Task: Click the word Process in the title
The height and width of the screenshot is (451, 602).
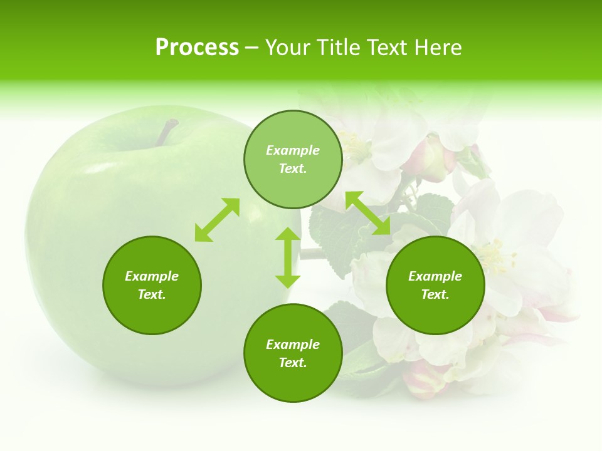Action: click(x=197, y=48)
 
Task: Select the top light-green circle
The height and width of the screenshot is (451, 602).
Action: click(x=293, y=159)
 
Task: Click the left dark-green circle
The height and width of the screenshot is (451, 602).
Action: click(x=152, y=285)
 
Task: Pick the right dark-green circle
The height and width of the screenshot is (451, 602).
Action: click(x=435, y=285)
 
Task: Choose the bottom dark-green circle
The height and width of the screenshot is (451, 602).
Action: click(x=293, y=353)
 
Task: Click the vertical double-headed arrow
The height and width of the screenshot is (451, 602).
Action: click(x=288, y=257)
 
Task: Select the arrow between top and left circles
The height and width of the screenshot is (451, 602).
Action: click(x=217, y=220)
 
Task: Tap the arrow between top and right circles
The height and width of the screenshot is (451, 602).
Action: click(x=368, y=214)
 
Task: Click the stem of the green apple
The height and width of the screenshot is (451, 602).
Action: click(x=167, y=132)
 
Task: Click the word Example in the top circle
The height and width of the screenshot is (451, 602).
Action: click(x=293, y=150)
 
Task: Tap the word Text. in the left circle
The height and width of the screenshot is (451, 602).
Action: click(x=152, y=294)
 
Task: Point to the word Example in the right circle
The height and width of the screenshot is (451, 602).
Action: click(x=435, y=276)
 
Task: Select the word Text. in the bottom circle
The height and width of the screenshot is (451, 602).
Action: click(x=293, y=363)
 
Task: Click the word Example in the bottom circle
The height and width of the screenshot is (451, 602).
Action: click(x=293, y=345)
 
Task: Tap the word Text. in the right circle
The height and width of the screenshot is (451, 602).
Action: click(x=435, y=294)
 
